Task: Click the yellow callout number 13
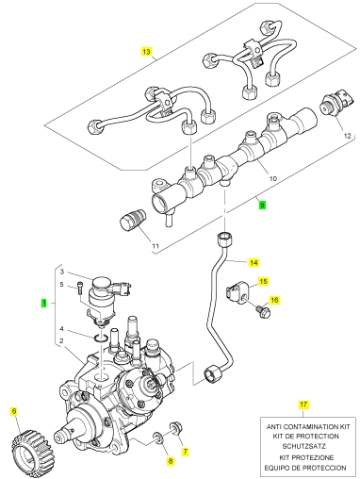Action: point(146,51)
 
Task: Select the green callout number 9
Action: point(262,206)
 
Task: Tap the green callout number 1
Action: point(44,304)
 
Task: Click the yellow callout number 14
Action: point(254,262)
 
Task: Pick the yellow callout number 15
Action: point(264,281)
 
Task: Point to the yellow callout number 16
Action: point(274,300)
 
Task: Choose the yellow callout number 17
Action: point(303,405)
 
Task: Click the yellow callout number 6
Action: point(14,411)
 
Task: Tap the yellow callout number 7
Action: point(186,452)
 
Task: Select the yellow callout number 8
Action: point(171,461)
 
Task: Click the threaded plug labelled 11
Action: point(133,219)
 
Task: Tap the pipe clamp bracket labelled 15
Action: point(237,293)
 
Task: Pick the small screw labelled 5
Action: point(79,289)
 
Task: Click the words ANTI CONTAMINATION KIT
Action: point(308,427)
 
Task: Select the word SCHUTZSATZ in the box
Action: point(303,446)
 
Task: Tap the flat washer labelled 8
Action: point(158,438)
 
